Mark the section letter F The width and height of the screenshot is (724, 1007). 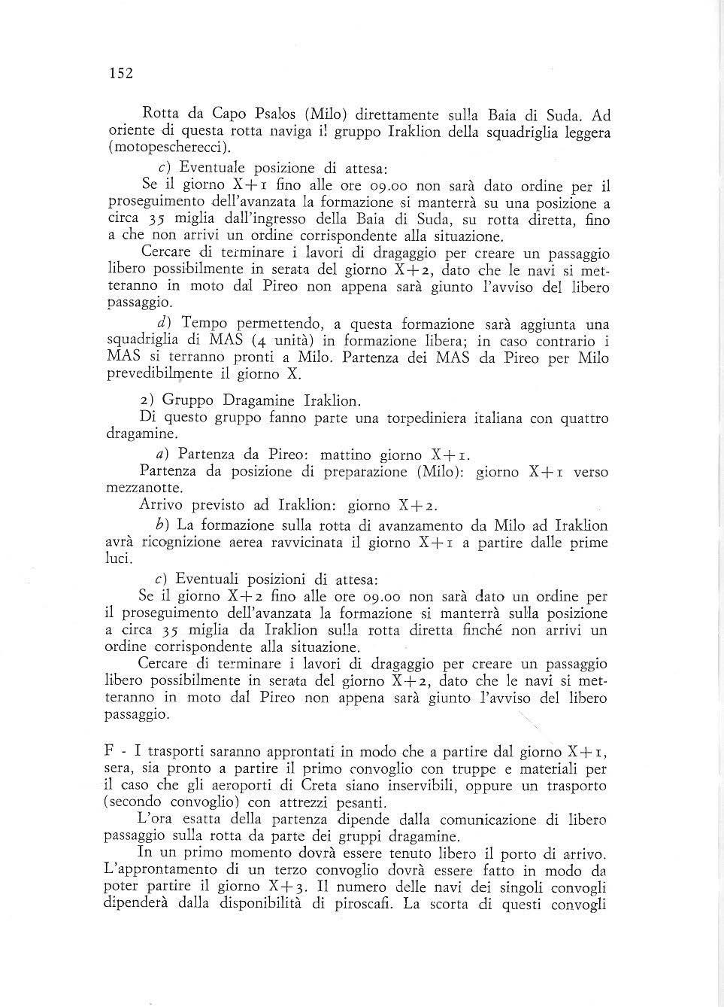pyautogui.click(x=109, y=751)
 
